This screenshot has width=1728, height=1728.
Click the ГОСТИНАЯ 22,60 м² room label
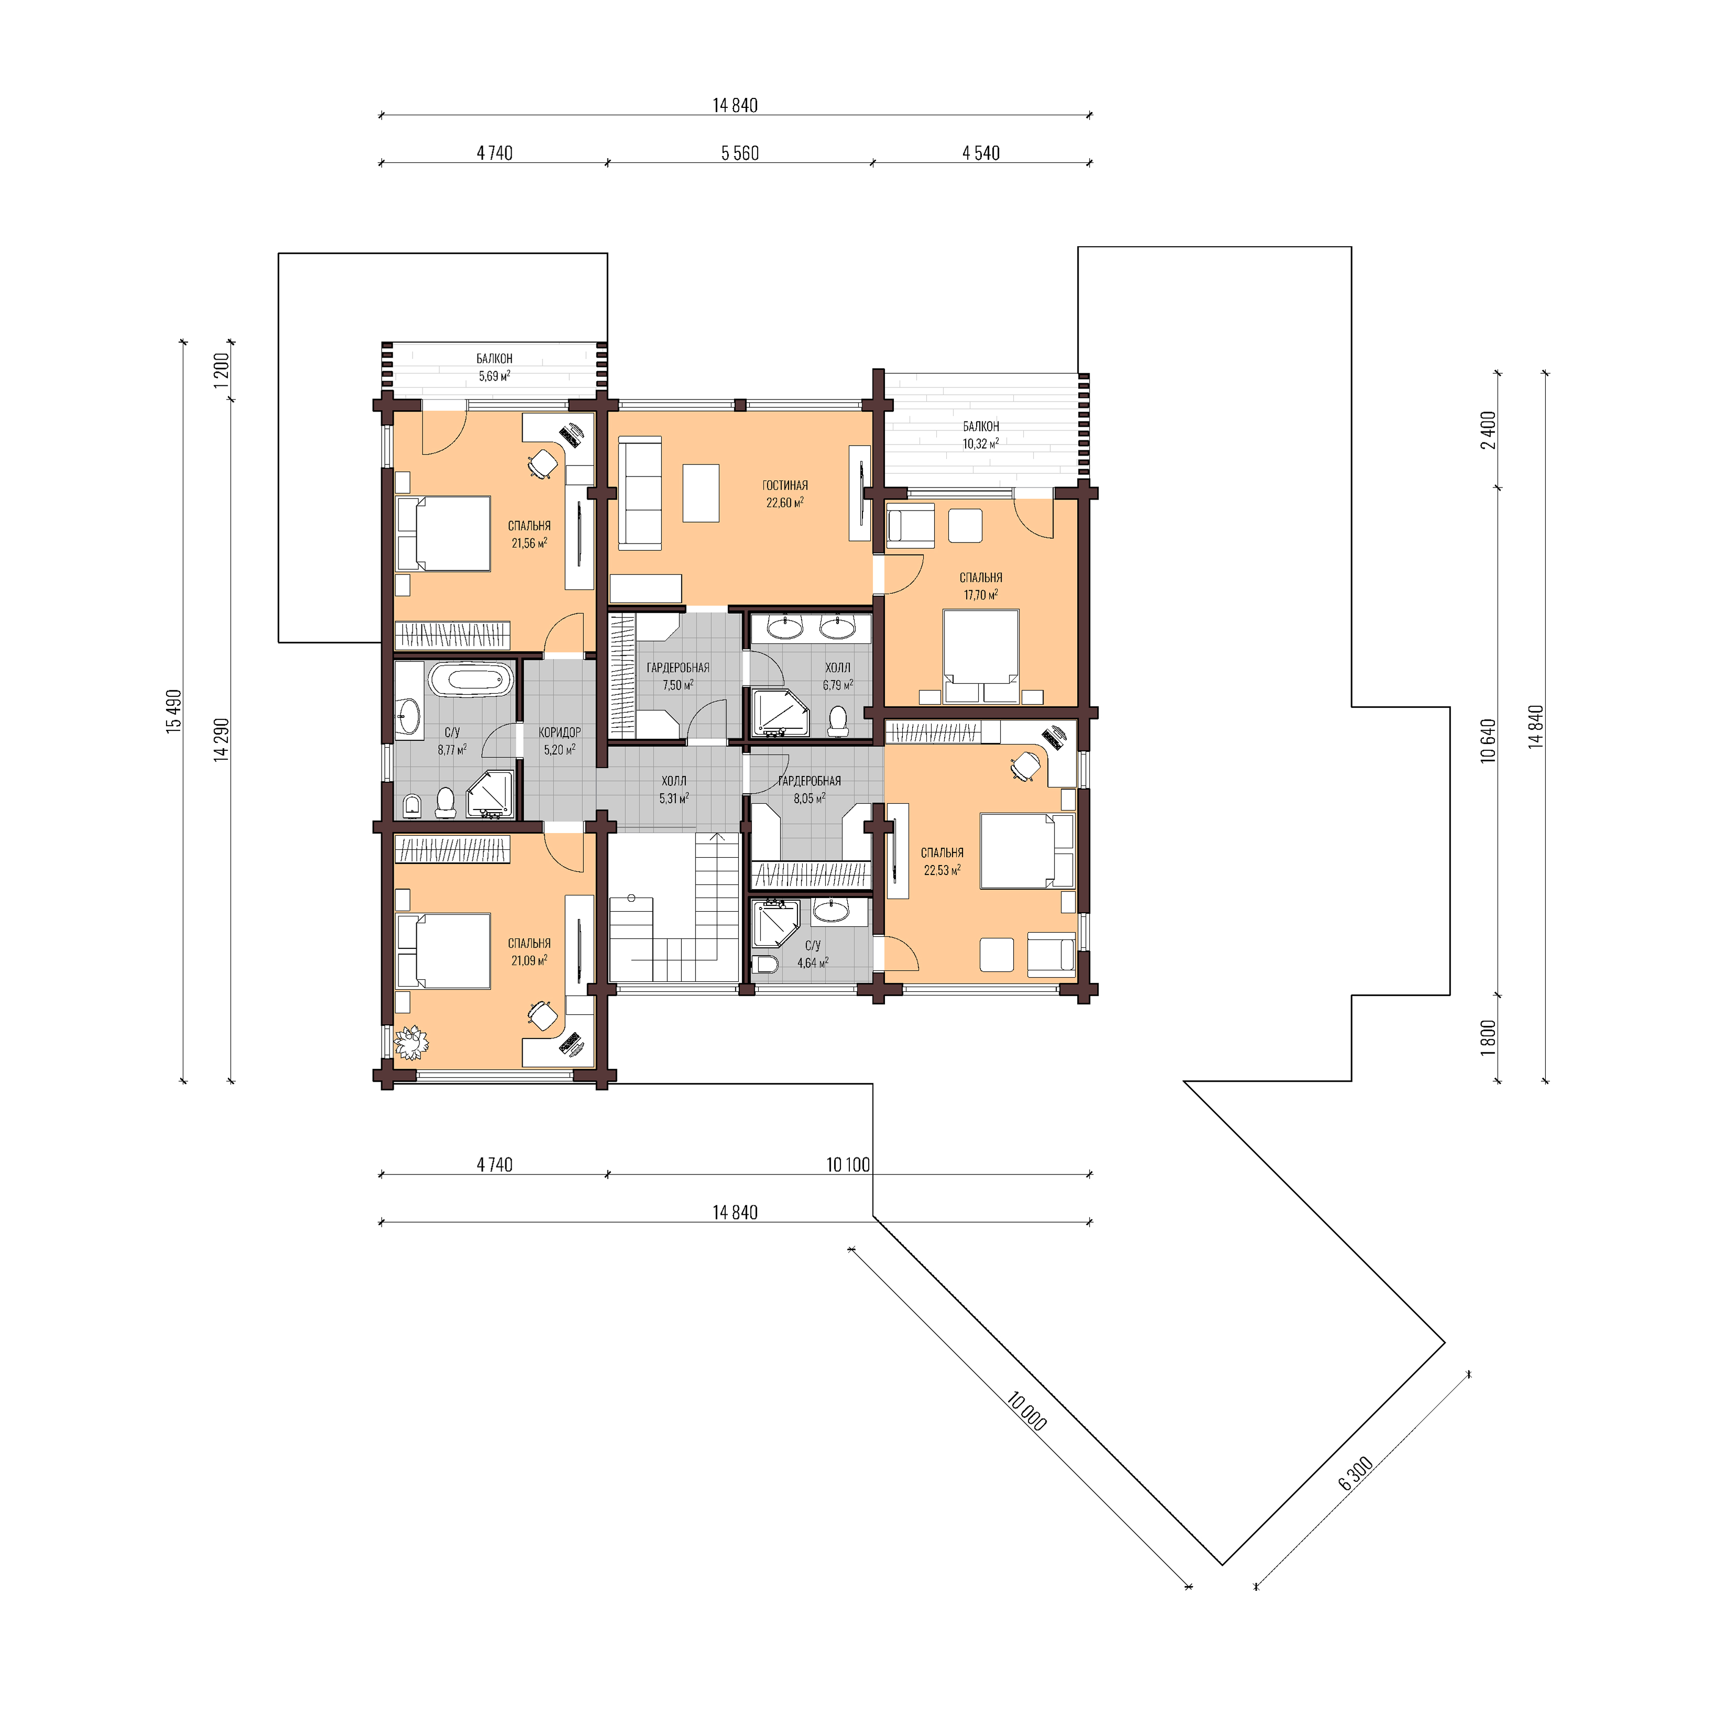tap(784, 494)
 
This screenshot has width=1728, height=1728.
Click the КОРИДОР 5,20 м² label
tap(560, 740)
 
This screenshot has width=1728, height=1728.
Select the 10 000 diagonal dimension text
tap(1026, 1411)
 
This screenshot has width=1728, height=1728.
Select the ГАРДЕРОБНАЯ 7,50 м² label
tap(678, 676)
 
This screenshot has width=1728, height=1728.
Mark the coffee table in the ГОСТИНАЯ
tap(701, 493)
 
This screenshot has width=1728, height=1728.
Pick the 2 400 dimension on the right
tap(1488, 430)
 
